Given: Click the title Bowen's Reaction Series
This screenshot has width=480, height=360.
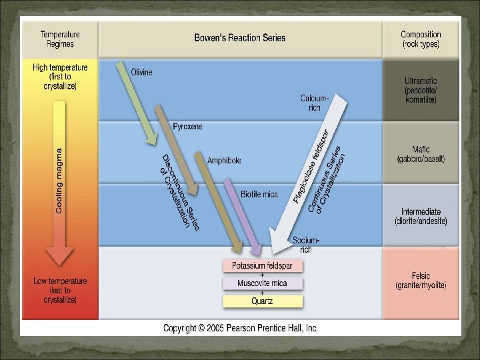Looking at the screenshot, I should [x=240, y=38].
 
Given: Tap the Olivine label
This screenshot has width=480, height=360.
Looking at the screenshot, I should [x=141, y=72].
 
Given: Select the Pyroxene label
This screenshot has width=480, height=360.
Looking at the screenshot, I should [x=187, y=126].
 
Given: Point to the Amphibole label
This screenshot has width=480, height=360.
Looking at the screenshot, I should [x=224, y=161].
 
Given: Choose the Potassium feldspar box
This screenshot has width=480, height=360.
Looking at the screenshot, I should [x=262, y=265].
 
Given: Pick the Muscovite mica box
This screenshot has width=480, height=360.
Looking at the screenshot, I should [x=262, y=283].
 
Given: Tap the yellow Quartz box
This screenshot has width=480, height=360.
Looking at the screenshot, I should [x=262, y=301].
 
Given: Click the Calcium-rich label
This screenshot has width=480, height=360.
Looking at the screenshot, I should [x=314, y=103].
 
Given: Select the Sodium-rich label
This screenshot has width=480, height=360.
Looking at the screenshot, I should [x=306, y=244].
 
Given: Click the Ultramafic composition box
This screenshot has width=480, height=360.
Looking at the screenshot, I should [x=421, y=90].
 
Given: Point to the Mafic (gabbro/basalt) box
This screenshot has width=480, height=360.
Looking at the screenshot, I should [x=421, y=154].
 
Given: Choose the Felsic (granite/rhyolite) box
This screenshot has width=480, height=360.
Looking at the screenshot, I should [x=421, y=281].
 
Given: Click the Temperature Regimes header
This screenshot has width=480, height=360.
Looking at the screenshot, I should [x=60, y=39].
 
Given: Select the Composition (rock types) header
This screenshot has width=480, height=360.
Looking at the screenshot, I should [x=421, y=39].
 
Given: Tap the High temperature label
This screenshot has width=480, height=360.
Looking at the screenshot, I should [x=60, y=77].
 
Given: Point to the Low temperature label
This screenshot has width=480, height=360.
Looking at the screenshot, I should [x=60, y=291].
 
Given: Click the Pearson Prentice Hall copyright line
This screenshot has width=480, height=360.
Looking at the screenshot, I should [x=241, y=328].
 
